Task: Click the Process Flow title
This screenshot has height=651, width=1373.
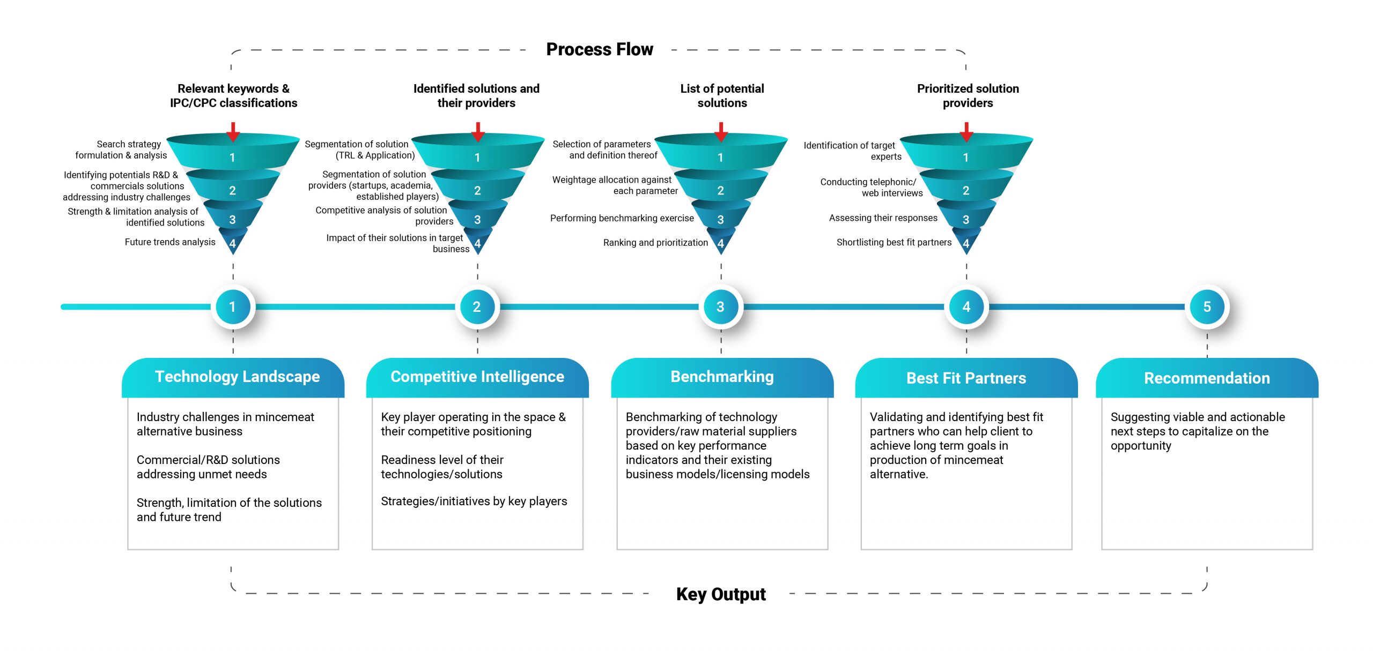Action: pyautogui.click(x=600, y=49)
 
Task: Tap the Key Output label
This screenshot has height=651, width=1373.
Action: pyautogui.click(x=721, y=594)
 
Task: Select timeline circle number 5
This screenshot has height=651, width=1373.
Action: pyautogui.click(x=1207, y=306)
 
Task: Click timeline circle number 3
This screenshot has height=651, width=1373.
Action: pyautogui.click(x=720, y=306)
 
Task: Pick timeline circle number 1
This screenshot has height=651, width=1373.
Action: pyautogui.click(x=232, y=306)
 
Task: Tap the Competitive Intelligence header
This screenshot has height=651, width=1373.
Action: pyautogui.click(x=477, y=377)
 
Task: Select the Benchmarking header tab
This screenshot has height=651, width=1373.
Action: pyautogui.click(x=722, y=377)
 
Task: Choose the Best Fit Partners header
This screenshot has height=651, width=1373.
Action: pyautogui.click(x=966, y=377)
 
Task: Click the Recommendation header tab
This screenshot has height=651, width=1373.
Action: pyautogui.click(x=1207, y=377)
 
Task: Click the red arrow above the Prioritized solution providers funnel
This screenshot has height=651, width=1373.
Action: pyautogui.click(x=966, y=132)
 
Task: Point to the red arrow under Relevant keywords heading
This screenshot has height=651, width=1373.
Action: pyautogui.click(x=233, y=132)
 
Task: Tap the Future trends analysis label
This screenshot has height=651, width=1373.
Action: pyautogui.click(x=170, y=242)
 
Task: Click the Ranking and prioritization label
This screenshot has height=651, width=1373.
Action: pyautogui.click(x=655, y=243)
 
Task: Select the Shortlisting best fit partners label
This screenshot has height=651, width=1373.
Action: pyautogui.click(x=894, y=242)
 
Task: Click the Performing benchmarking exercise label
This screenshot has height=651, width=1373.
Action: pyautogui.click(x=622, y=218)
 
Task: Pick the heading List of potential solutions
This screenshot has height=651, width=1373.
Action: pyautogui.click(x=722, y=95)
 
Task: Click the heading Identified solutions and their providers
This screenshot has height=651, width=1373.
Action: pyautogui.click(x=476, y=95)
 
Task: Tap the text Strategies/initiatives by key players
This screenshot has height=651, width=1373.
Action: pyautogui.click(x=474, y=501)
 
